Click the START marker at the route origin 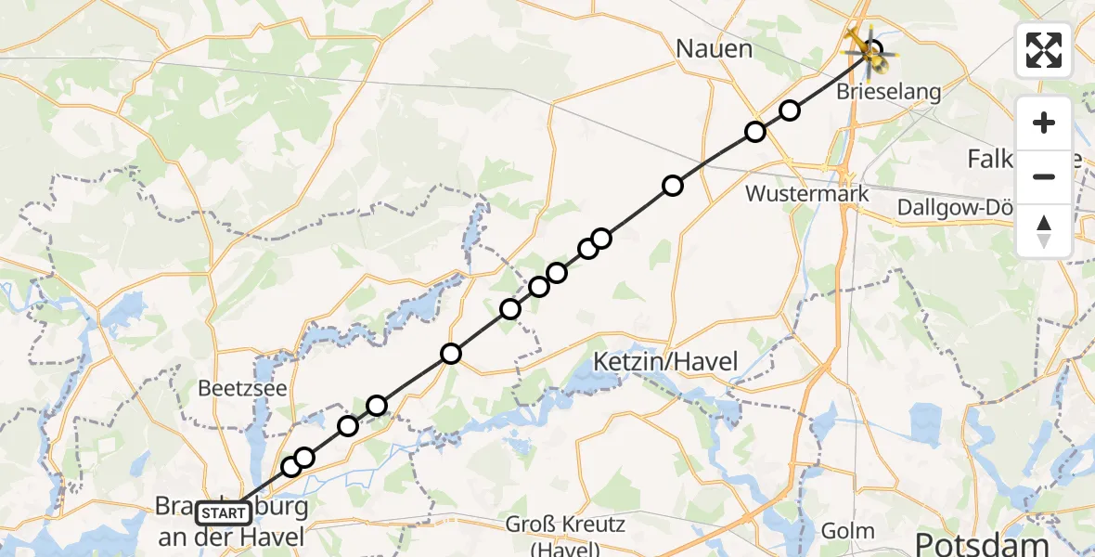[223, 512]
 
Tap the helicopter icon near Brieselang [870, 51]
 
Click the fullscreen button [1044, 50]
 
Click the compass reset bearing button [1044, 231]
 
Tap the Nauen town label [714, 48]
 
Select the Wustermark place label [807, 194]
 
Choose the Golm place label [848, 531]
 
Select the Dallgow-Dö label [960, 208]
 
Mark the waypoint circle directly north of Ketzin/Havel [672, 187]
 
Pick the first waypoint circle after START [291, 466]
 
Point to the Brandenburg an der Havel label [230, 524]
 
